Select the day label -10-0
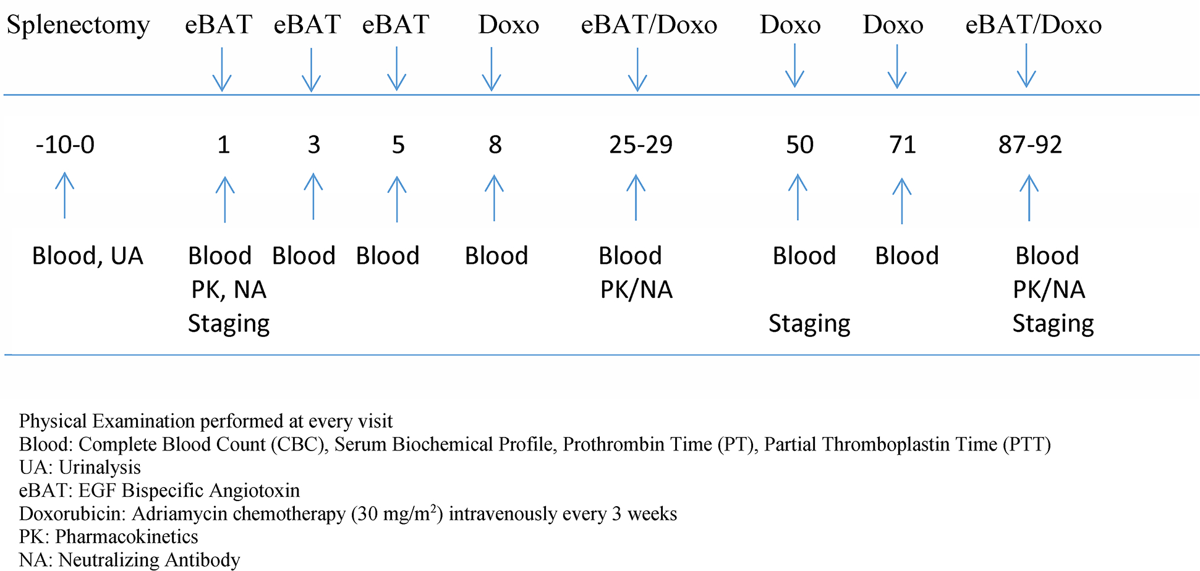[x=65, y=145]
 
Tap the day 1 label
[x=224, y=145]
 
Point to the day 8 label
[x=495, y=145]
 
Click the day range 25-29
[x=640, y=145]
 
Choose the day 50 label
[x=800, y=145]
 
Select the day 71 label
[x=903, y=145]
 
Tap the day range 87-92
[x=1030, y=145]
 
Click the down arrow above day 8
[x=491, y=69]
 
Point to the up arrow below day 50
[x=798, y=197]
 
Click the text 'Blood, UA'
[x=88, y=256]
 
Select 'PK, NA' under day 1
[x=229, y=290]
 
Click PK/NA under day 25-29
[x=636, y=290]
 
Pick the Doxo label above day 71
[x=893, y=25]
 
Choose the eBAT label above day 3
[x=307, y=25]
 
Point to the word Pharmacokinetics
[x=127, y=537]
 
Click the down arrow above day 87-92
[x=1026, y=66]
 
